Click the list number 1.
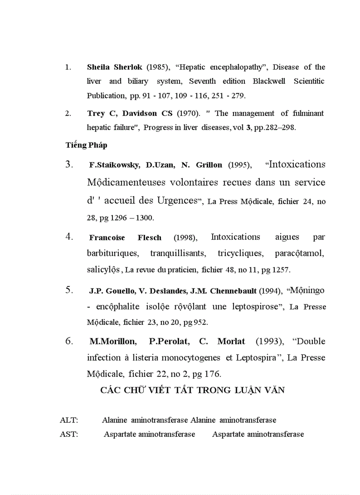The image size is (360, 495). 68,67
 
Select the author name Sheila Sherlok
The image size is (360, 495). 115,67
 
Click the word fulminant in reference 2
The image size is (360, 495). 305,113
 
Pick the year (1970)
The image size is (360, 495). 188,113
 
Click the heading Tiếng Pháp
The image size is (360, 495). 86,145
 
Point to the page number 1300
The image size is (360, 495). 144,218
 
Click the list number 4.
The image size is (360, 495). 69,237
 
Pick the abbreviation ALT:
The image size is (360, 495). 69,421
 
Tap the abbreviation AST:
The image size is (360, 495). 69,435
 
